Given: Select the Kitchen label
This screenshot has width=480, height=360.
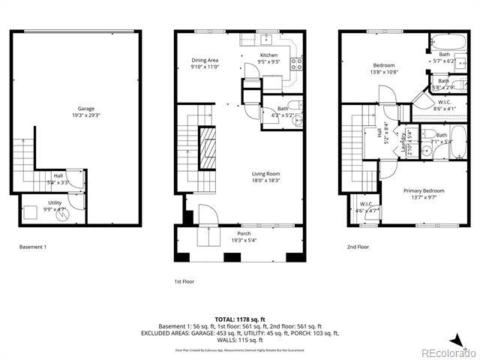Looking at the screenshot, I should tap(268, 55).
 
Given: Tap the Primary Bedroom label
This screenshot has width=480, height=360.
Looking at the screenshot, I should tap(423, 190).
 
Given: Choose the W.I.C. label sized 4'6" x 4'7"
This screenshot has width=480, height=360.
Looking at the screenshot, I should tap(366, 205).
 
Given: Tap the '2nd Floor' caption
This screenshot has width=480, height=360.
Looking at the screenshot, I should tap(358, 246).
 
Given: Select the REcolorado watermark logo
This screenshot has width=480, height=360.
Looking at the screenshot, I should tap(447, 352).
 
